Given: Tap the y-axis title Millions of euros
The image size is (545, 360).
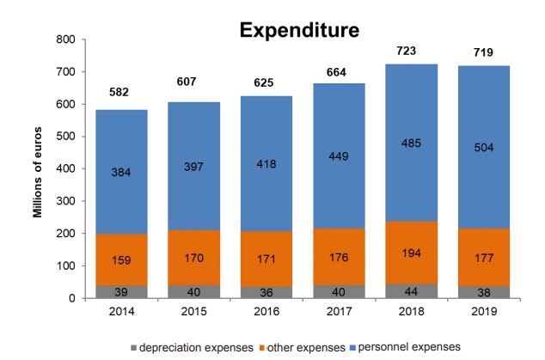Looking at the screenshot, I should coord(40,169).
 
